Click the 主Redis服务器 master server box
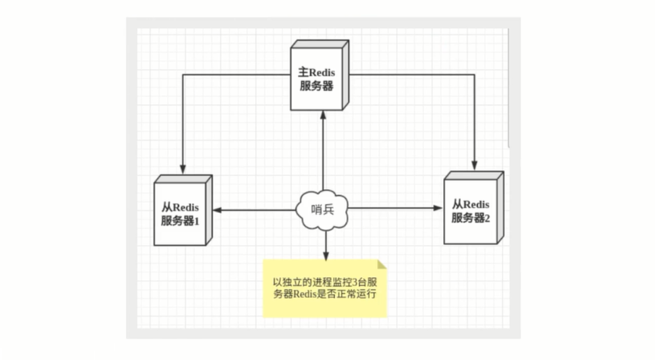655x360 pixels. tap(318, 77)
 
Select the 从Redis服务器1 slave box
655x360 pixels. tap(181, 212)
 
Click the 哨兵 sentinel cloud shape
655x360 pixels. tap(322, 209)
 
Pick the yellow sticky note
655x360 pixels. tap(324, 286)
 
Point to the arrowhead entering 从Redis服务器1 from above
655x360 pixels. tap(182, 169)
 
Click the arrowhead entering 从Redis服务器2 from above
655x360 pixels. tap(474, 165)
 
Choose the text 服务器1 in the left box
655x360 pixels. tap(180, 221)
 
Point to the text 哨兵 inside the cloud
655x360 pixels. tap(322, 210)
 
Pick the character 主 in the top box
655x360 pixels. tap(304, 72)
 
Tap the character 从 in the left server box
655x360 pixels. tap(166, 207)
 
